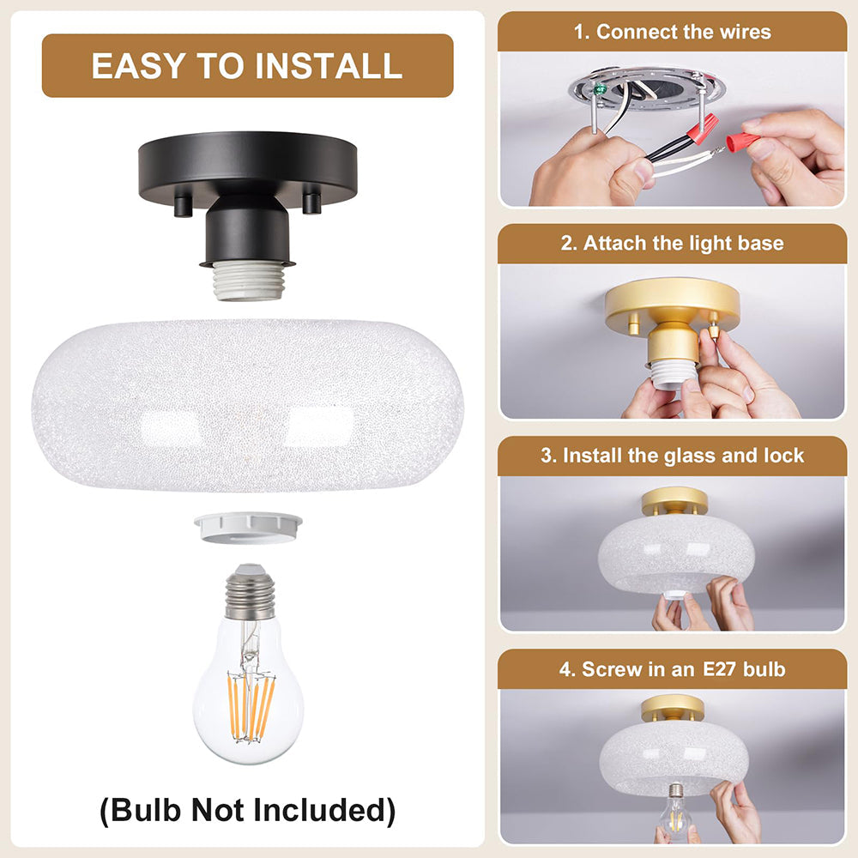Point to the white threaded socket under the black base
pyautogui.click(x=249, y=280)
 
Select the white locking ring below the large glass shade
pyautogui.click(x=249, y=527)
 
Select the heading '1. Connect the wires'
pyautogui.click(x=673, y=33)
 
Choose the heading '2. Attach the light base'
pyautogui.click(x=673, y=243)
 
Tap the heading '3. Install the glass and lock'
pyautogui.click(x=673, y=455)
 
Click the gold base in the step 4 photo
pyautogui.click(x=672, y=710)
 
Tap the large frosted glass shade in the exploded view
pyautogui.click(x=247, y=403)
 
